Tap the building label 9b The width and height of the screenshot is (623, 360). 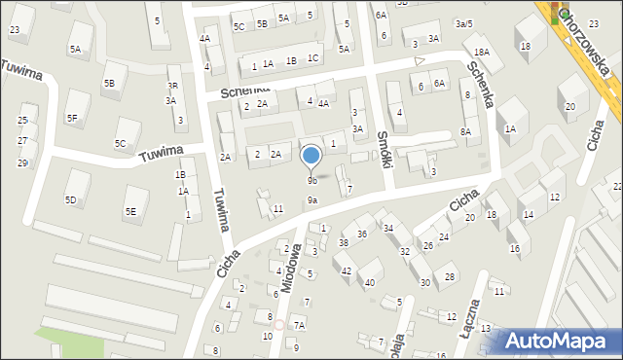tap(312, 181)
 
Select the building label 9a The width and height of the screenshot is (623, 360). tap(312, 200)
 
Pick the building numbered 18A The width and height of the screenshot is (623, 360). tap(481, 53)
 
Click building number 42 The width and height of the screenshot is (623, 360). tap(346, 270)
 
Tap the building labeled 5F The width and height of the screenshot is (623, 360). tap(72, 119)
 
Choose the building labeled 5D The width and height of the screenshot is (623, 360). tap(70, 200)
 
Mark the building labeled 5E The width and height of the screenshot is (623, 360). tap(130, 211)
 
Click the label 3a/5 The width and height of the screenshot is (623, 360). tap(463, 23)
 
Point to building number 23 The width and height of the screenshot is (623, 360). tap(14, 30)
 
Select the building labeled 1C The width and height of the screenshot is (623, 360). tap(312, 58)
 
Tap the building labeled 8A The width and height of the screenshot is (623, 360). tap(466, 131)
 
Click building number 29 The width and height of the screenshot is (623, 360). tap(22, 162)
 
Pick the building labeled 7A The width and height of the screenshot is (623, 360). tap(300, 325)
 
